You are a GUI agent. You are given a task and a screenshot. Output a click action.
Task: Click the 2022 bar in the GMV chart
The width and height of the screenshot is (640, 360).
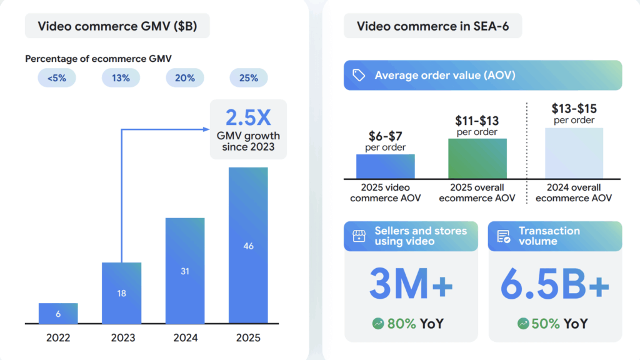point(58,313)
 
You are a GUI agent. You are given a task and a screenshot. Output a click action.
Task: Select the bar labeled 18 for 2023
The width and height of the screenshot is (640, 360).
point(122,292)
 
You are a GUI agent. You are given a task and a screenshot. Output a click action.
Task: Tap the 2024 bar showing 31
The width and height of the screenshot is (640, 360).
point(185,271)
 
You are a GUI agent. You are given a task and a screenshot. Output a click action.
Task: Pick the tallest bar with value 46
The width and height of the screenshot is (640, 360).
point(248,245)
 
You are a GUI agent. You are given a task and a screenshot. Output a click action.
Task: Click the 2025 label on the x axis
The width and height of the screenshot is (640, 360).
point(248,338)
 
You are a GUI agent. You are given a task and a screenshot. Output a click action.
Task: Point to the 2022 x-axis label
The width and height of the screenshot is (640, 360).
point(58,338)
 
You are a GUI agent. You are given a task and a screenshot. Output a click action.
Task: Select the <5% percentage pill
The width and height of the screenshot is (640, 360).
point(57,78)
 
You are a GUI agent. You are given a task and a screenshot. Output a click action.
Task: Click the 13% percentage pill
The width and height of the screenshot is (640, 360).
point(121,78)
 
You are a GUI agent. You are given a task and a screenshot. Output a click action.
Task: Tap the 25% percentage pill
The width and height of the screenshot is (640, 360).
point(248,78)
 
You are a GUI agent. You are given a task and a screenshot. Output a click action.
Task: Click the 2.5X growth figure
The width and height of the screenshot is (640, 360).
point(248,118)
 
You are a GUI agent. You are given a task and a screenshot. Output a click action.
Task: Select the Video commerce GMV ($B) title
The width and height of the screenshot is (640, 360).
point(117,26)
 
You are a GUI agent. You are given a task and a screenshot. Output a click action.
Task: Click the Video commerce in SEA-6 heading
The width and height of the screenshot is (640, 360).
point(432,26)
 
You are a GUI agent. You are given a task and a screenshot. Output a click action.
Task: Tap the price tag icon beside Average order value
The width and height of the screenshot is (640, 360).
point(359,76)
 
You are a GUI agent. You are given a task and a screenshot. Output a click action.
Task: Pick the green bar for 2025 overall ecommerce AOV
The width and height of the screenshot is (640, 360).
point(477,159)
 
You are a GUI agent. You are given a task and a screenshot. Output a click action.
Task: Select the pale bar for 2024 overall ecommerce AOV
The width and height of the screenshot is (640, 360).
point(574,153)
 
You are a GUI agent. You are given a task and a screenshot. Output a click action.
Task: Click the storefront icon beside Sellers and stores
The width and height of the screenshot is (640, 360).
point(359,236)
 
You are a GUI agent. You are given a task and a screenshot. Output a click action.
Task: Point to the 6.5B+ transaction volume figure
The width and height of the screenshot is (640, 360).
point(554,285)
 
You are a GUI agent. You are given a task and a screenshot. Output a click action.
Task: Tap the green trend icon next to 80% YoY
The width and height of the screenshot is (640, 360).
point(378,324)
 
